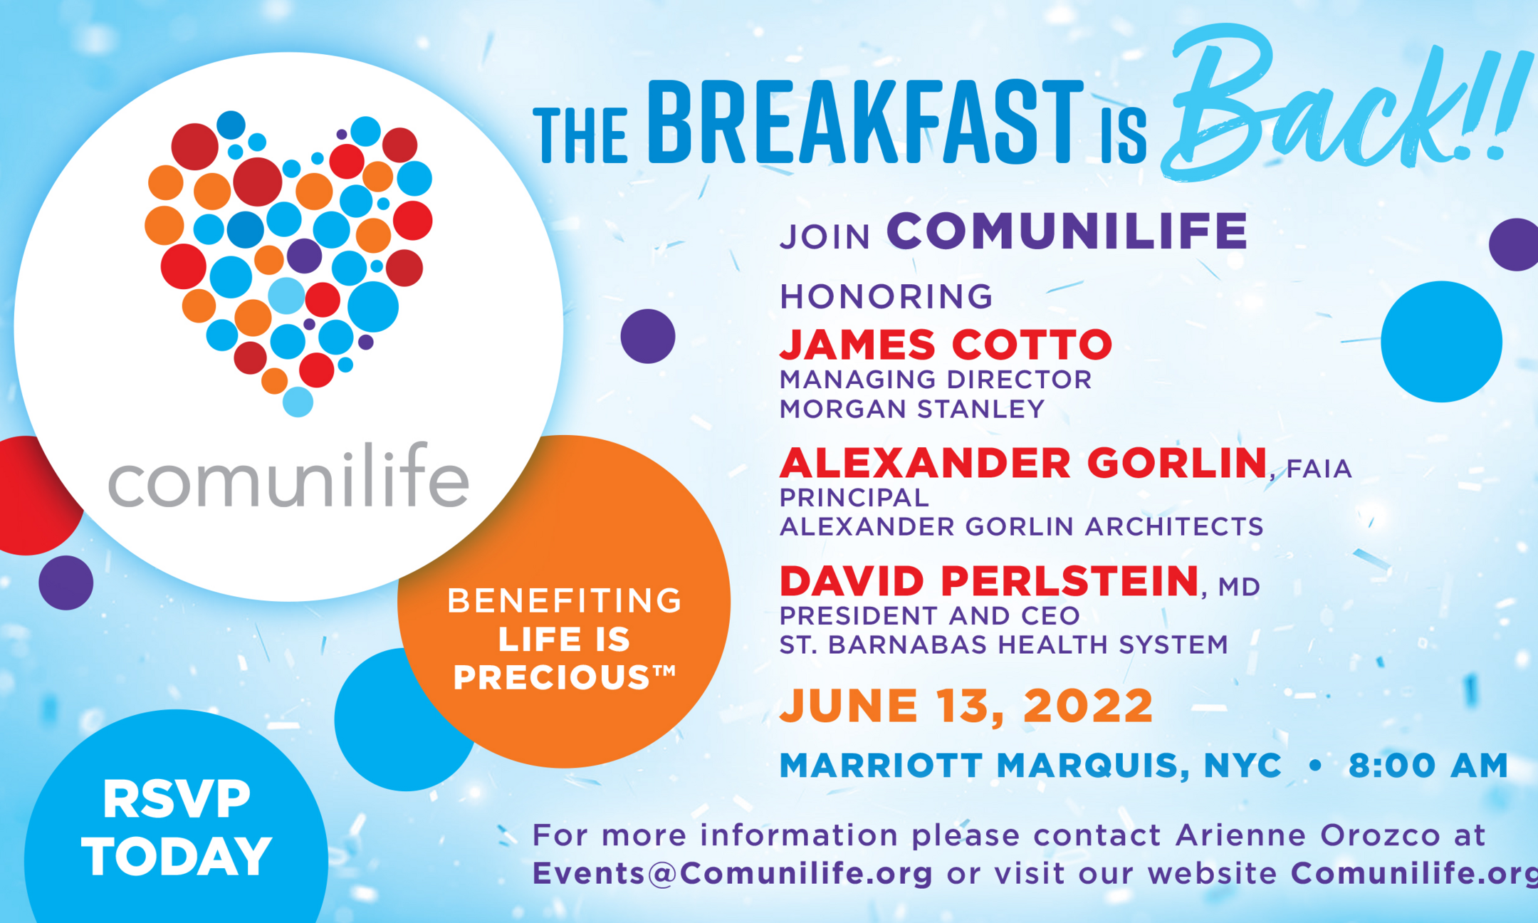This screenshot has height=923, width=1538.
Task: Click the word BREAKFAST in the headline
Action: [866, 122]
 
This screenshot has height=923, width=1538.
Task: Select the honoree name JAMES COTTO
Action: [946, 345]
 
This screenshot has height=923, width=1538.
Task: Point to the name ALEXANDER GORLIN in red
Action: [1024, 463]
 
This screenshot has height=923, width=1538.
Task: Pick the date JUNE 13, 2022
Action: [966, 706]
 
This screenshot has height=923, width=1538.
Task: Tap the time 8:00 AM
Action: [1428, 766]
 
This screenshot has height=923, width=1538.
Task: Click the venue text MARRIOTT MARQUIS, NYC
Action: [1030, 766]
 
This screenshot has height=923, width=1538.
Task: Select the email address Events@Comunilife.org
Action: [732, 874]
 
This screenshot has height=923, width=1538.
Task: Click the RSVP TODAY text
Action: [177, 828]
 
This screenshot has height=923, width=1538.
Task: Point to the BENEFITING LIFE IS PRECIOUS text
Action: [564, 639]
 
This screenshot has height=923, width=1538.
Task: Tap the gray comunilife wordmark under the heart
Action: [288, 475]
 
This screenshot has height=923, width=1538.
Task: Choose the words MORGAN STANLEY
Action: [912, 410]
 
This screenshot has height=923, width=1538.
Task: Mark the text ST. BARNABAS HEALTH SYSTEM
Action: [1004, 645]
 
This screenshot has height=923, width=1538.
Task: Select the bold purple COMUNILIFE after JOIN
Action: [1067, 231]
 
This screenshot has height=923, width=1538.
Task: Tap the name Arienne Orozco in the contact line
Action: [1308, 835]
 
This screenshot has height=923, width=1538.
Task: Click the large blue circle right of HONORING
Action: [1441, 342]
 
